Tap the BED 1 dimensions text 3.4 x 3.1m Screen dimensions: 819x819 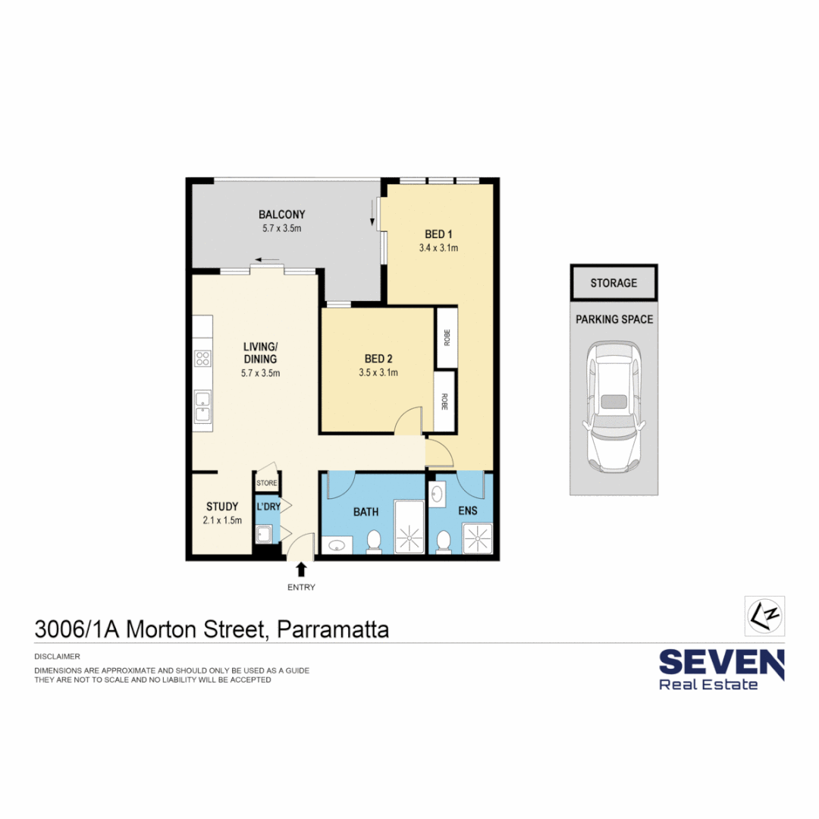(x=438, y=248)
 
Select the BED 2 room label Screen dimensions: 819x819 (x=378, y=359)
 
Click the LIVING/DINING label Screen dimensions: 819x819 (x=260, y=353)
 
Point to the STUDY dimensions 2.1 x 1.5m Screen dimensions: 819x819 (x=221, y=520)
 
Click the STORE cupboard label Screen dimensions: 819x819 (x=267, y=482)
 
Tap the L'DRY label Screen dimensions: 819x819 (x=268, y=506)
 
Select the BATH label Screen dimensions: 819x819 (x=366, y=512)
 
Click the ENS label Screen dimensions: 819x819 (x=468, y=511)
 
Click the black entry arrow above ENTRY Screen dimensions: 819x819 (x=301, y=570)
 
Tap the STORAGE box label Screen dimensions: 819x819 (x=613, y=283)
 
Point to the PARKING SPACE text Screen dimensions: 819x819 (x=613, y=319)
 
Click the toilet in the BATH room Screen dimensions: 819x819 (x=373, y=541)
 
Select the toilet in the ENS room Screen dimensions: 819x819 (x=443, y=541)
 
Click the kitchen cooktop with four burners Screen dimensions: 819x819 (x=202, y=358)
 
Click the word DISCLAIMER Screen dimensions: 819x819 (x=58, y=656)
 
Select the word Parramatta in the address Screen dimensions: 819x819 (x=333, y=629)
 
